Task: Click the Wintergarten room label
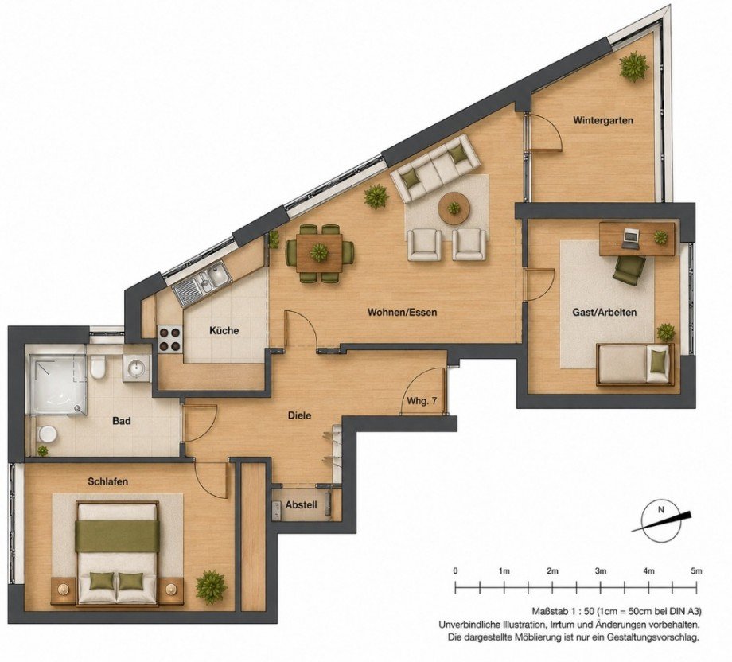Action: (603, 120)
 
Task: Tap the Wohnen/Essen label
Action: (402, 312)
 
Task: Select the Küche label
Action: (224, 330)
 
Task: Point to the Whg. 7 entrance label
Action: (422, 401)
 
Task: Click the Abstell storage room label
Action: (301, 504)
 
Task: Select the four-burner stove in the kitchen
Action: (169, 340)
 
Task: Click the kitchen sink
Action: (202, 282)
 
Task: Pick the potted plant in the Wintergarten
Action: (633, 66)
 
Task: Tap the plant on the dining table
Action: (319, 252)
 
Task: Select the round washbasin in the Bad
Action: (137, 368)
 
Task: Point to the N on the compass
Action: (660, 510)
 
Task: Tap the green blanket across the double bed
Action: (117, 536)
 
